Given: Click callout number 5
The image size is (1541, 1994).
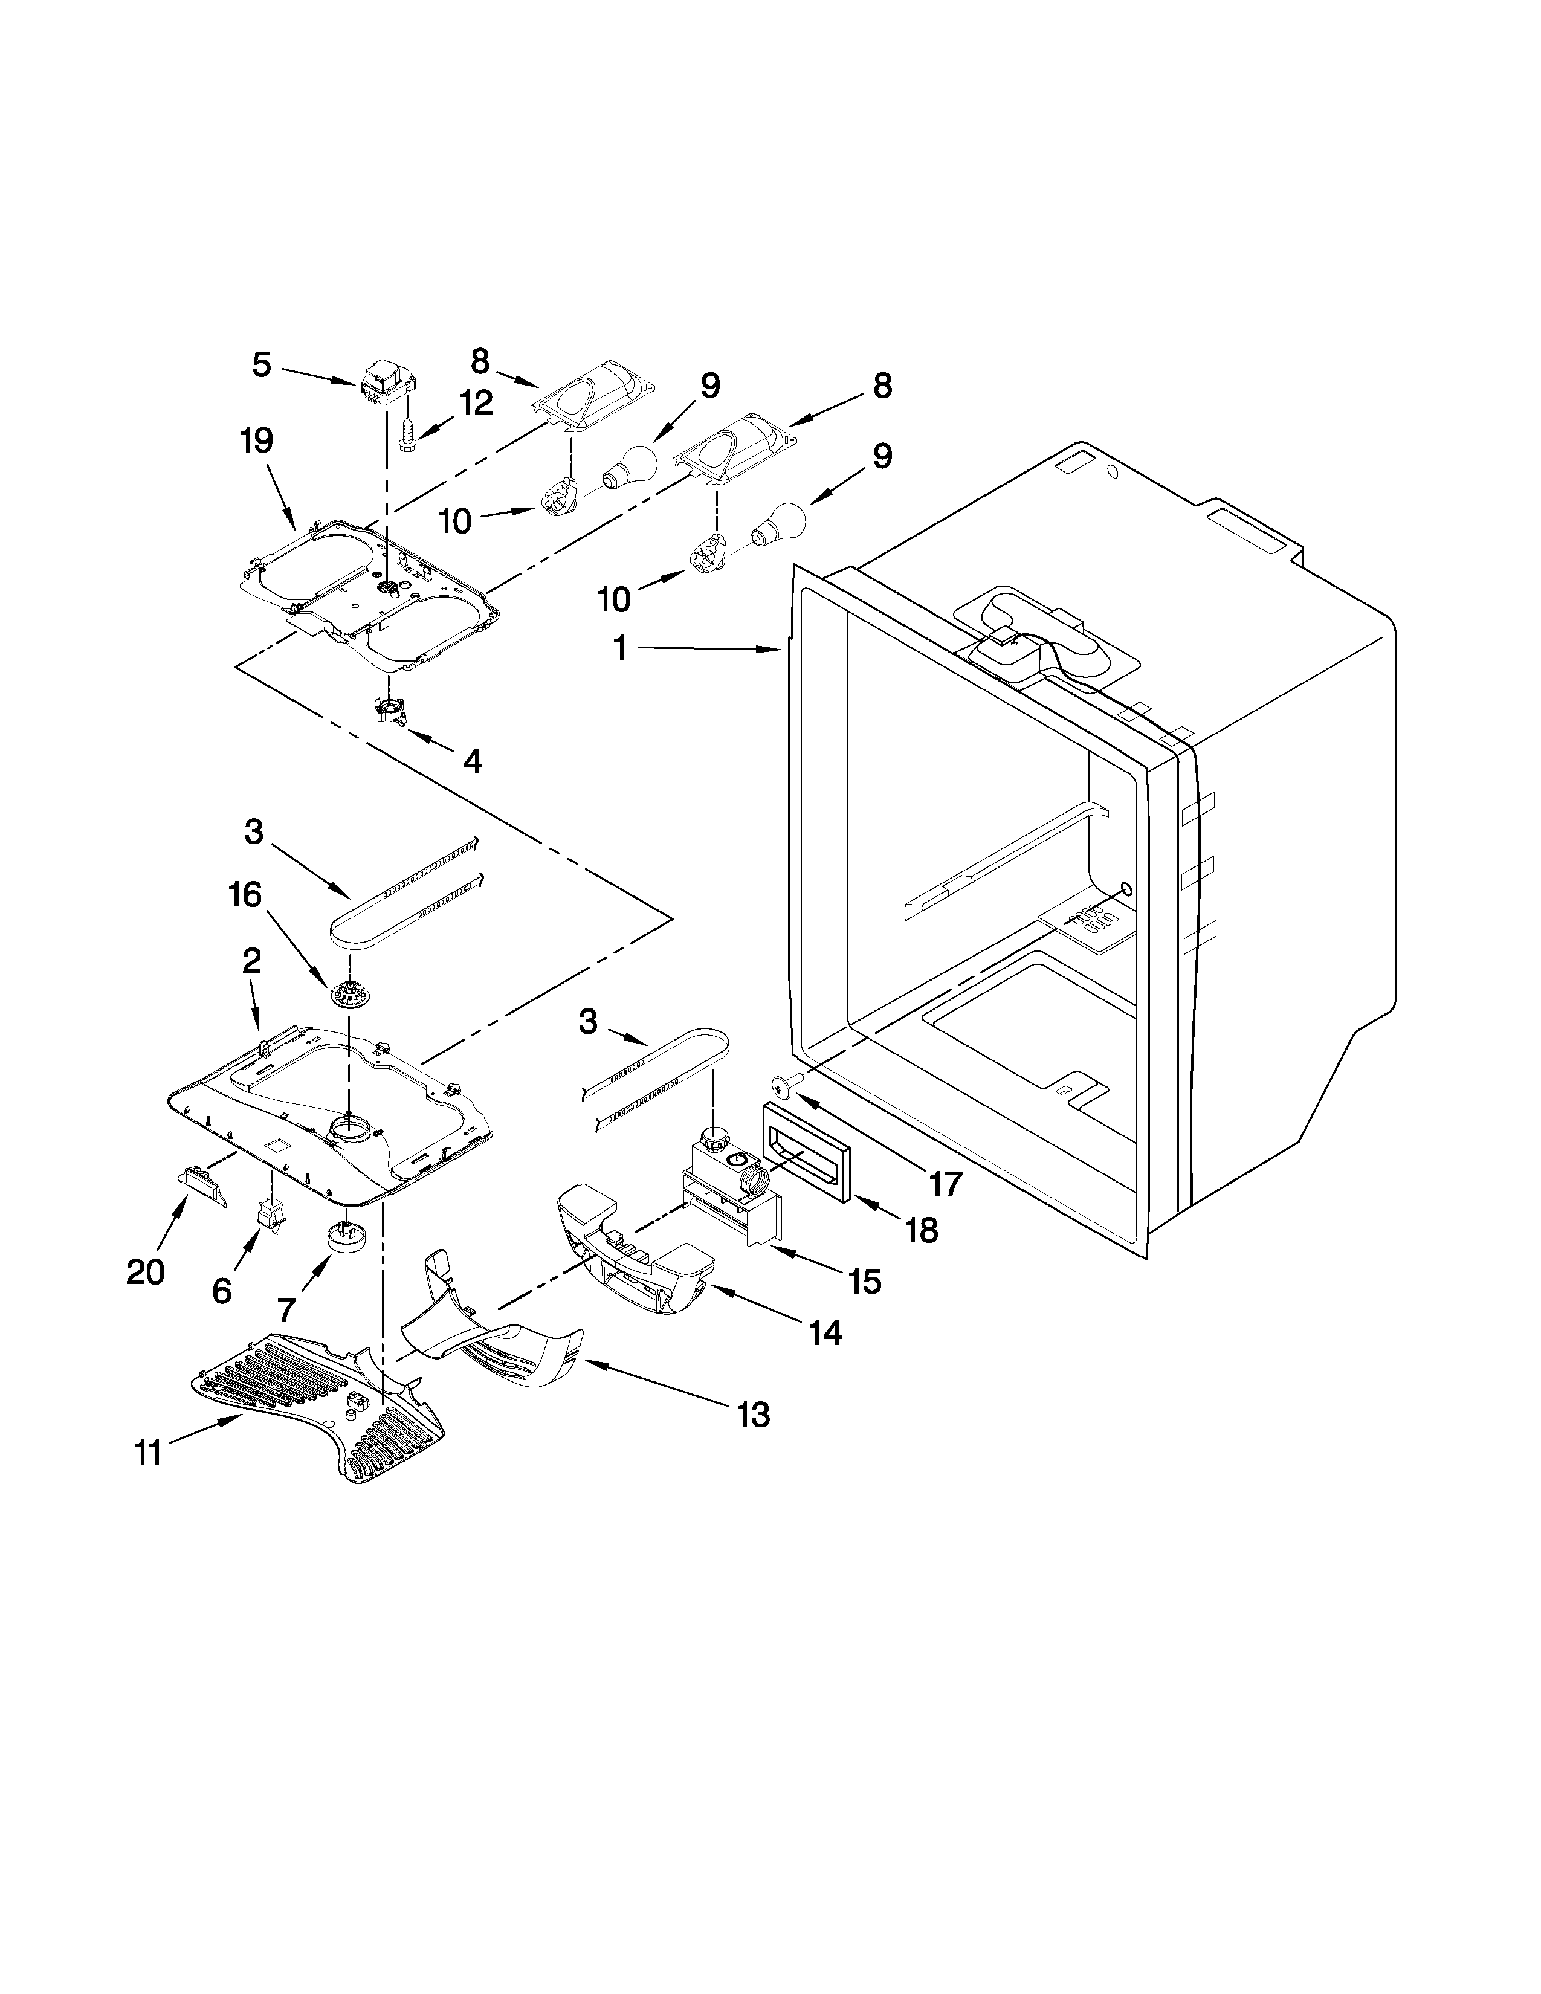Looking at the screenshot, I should point(261,365).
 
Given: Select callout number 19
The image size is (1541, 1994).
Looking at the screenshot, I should point(256,441).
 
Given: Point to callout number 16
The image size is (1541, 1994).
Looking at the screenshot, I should point(245,895).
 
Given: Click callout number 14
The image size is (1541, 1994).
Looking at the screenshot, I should point(825,1334).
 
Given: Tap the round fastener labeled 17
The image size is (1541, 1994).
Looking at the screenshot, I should point(781,1085).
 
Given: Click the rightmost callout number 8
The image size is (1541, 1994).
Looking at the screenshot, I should point(881,386).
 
